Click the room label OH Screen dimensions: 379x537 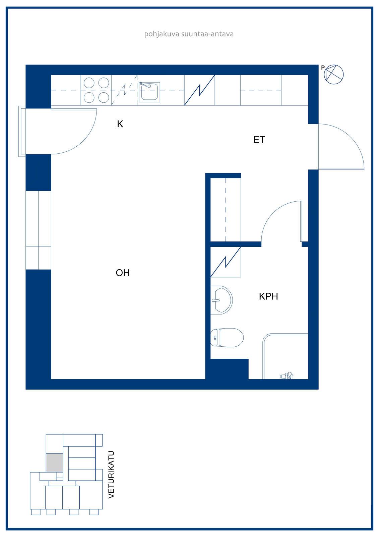pos(123,273)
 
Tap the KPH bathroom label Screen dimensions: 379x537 pos(268,297)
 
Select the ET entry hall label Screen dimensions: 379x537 pos(259,140)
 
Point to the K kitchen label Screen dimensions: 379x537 pos(120,124)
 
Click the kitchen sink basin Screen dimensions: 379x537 pos(149,92)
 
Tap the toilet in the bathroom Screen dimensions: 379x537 pos(227,338)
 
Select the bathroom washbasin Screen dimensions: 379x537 pos(221,300)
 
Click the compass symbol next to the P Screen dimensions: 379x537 pos(333,74)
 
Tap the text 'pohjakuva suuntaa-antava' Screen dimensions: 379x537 pos(189,34)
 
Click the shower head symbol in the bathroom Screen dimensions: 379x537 pos(287,376)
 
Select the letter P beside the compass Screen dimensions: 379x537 pos(323,68)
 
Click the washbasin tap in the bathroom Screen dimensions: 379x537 pos(215,300)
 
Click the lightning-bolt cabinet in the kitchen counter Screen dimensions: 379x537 pos(199,90)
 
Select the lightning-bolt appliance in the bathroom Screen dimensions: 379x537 pos(226,262)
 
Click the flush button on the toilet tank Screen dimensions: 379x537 pos(215,338)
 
